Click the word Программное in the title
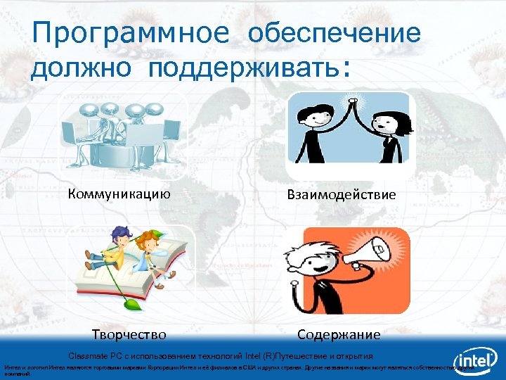tap(130, 33)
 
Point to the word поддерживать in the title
tap(243, 69)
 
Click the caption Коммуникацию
tap(119, 194)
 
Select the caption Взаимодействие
tap(342, 194)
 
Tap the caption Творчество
tap(129, 334)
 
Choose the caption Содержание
tap(339, 334)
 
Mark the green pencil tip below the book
tap(131, 304)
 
